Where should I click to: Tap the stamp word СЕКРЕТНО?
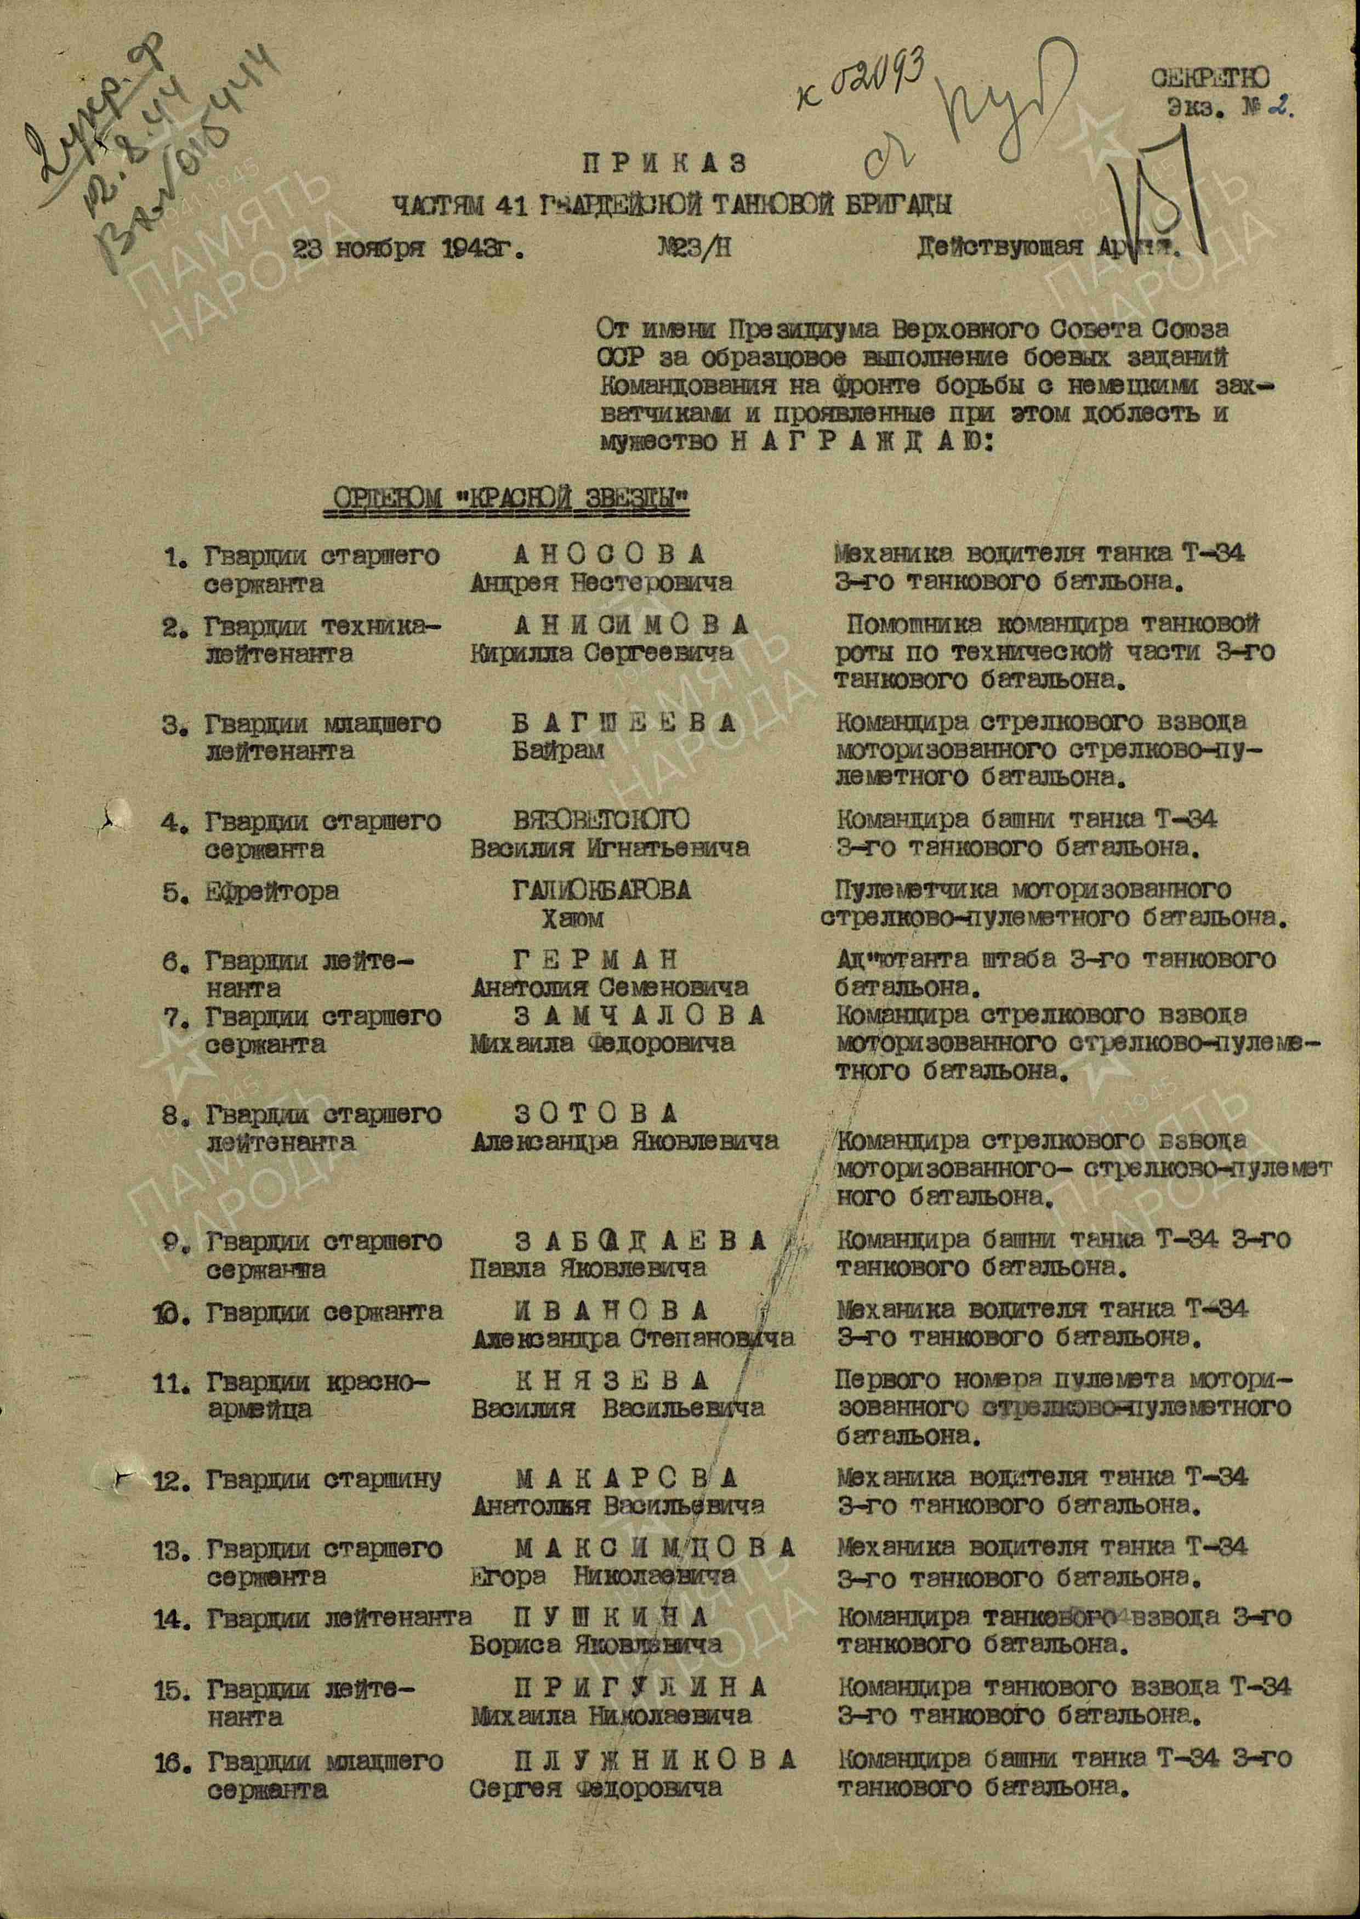[x=1209, y=80]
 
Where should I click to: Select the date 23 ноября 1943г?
[x=408, y=249]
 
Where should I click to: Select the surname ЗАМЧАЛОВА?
[x=640, y=1016]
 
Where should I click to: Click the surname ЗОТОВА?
[x=595, y=1114]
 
